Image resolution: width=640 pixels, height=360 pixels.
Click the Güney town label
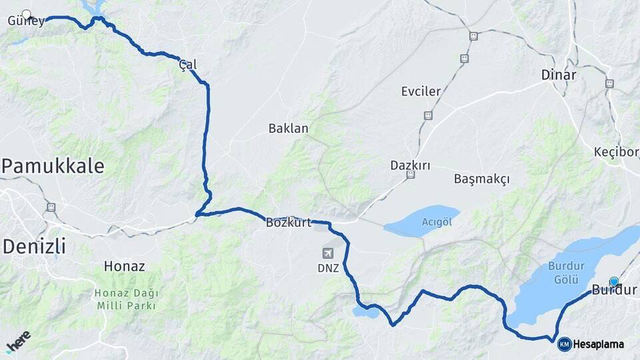coord(26,21)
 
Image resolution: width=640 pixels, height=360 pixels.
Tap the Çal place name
coord(188,65)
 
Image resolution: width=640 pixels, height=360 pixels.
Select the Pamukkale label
coord(53,166)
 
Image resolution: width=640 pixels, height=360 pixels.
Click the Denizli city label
coord(34,246)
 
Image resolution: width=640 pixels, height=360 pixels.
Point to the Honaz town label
coord(124,266)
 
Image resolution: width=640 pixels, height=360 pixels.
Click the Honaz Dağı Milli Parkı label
coord(125,299)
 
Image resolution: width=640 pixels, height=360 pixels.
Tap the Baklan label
coord(288,128)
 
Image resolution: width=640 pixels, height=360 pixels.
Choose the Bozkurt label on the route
coord(288,223)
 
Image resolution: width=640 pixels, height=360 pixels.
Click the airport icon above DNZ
coord(328,253)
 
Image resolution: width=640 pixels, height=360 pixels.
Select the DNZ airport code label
coord(328,269)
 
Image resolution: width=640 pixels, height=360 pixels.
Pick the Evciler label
coord(421,91)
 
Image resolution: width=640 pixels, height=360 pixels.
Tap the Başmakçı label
coord(481,179)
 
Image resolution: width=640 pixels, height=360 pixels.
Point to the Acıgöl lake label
coord(437,222)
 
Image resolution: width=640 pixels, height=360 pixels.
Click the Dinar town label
coord(559,75)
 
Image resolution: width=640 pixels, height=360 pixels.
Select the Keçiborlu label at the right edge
coord(616,153)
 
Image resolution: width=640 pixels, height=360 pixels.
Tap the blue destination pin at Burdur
coord(613,282)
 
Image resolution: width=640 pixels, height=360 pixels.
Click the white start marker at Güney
coord(27,13)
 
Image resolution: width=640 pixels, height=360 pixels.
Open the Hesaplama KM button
coord(591,344)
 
